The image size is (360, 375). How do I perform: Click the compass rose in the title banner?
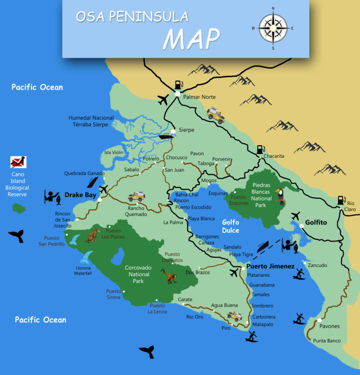point(273,28)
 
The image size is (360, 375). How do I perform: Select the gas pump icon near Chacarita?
point(260,149)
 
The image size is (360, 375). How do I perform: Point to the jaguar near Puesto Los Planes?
point(93,234)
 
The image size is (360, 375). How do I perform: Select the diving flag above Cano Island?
point(19,162)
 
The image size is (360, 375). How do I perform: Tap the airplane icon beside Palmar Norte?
point(163,100)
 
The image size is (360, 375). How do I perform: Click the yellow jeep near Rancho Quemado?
point(136,196)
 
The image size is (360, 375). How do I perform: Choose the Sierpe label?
point(187,130)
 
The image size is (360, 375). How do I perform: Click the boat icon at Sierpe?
point(165,137)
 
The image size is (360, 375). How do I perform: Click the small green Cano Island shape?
point(19,207)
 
